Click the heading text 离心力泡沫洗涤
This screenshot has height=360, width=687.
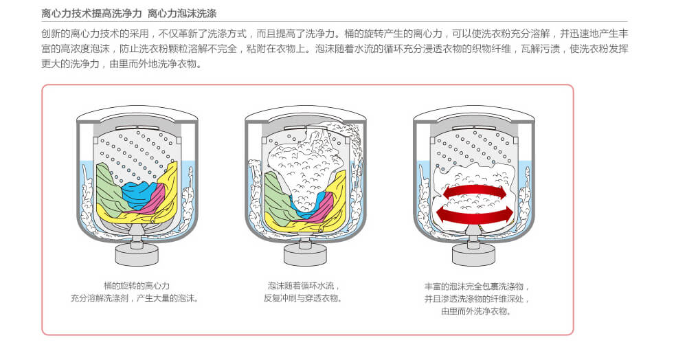click(x=182, y=14)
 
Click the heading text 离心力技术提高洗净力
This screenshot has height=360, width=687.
click(x=91, y=14)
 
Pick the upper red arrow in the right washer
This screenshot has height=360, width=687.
click(x=473, y=191)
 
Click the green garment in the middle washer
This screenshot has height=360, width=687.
click(x=277, y=197)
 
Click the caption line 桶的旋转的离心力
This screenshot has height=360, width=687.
click(x=136, y=286)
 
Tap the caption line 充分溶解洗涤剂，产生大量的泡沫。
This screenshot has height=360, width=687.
click(x=136, y=298)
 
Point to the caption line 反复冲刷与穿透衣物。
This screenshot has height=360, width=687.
click(x=303, y=298)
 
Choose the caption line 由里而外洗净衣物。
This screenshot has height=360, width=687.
click(x=476, y=311)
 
